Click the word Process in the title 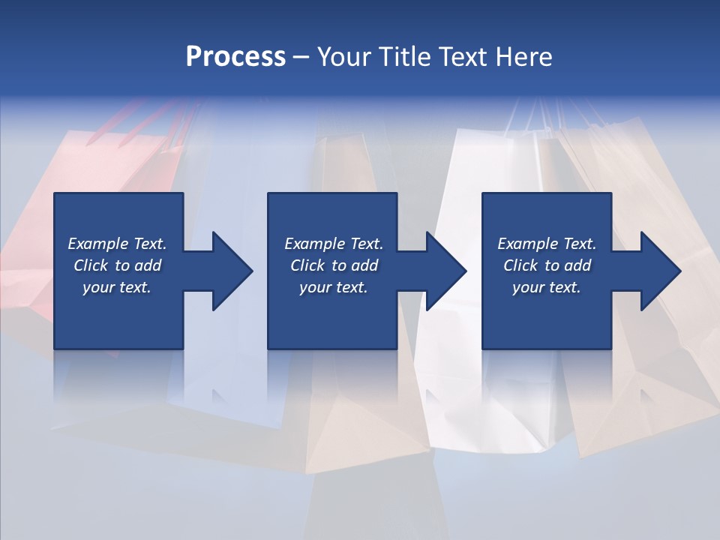pyautogui.click(x=235, y=57)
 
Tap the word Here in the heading pyautogui.click(x=524, y=57)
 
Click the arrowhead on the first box pyautogui.click(x=229, y=271)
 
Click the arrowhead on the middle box pyautogui.click(x=442, y=271)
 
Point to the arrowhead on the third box pyautogui.click(x=658, y=271)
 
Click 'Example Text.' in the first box pyautogui.click(x=117, y=244)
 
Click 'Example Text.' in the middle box pyautogui.click(x=334, y=244)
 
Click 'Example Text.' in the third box pyautogui.click(x=547, y=244)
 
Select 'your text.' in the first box pyautogui.click(x=117, y=287)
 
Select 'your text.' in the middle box pyautogui.click(x=334, y=287)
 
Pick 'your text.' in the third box pyautogui.click(x=547, y=287)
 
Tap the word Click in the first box pyautogui.click(x=91, y=265)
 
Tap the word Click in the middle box pyautogui.click(x=307, y=265)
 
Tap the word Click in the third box pyautogui.click(x=520, y=265)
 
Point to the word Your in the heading pyautogui.click(x=344, y=57)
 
